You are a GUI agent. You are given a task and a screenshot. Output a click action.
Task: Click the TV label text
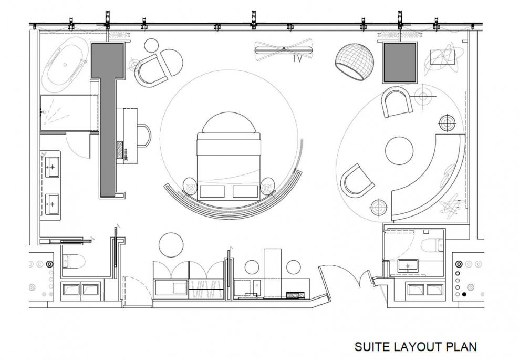(297, 59)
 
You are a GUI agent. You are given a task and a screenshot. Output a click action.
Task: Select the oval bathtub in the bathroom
(66, 65)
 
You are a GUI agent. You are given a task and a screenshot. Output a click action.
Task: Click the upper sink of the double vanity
(51, 167)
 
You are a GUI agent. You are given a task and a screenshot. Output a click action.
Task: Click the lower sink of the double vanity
(51, 204)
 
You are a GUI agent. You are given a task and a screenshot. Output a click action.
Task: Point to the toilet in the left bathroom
(74, 261)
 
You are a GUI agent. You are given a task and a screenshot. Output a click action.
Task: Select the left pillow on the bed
(212, 191)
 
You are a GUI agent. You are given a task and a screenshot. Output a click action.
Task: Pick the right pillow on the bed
(245, 191)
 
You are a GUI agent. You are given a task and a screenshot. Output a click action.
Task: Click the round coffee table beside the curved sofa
(399, 151)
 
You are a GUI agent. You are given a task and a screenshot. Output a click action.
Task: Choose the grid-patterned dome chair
(355, 61)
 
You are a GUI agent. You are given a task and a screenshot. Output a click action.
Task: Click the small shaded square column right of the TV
(400, 63)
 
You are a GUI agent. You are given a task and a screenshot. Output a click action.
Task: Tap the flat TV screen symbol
(284, 50)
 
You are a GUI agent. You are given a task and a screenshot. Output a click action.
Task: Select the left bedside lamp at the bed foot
(191, 187)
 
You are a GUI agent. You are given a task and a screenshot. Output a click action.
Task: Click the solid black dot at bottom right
(464, 294)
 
